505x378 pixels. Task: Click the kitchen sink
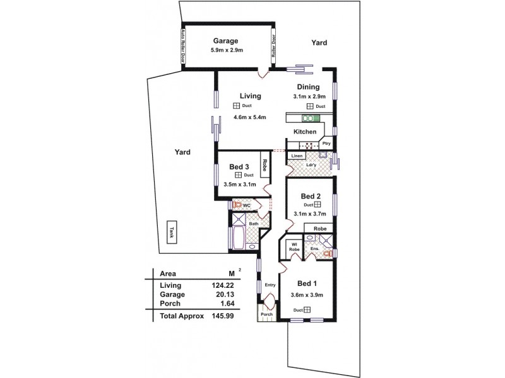pos(309,118)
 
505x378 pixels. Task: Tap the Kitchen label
pos(304,132)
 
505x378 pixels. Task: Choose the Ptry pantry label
pos(326,144)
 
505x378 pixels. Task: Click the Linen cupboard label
pos(297,156)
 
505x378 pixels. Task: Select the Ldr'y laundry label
pos(310,166)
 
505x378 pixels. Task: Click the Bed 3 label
pos(239,166)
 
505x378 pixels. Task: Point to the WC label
pos(247,205)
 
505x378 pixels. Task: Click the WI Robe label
pos(294,247)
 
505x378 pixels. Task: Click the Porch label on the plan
pos(267,314)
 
